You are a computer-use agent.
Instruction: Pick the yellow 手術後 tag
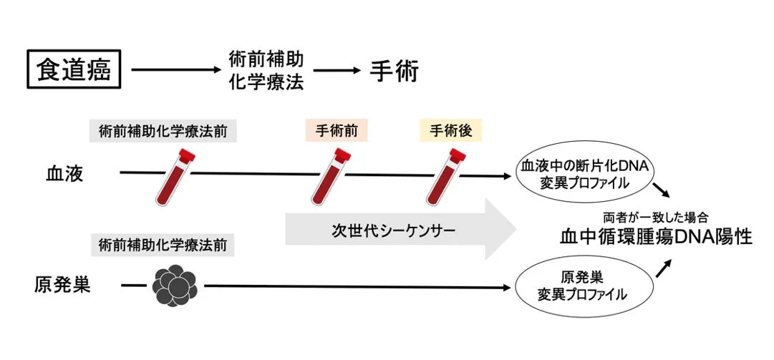pos(450,131)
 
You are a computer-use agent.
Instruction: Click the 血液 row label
pos(61,173)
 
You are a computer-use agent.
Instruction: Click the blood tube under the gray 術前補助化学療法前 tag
pos(174,176)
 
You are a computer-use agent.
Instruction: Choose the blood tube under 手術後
pos(445,176)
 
